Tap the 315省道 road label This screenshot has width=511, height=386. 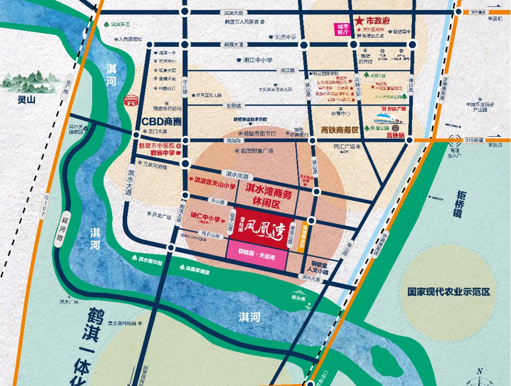(474, 140)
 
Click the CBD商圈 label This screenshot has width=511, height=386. (161, 122)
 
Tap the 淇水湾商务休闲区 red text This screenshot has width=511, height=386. (269, 193)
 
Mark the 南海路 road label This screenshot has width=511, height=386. (233, 140)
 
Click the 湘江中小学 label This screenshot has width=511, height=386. (257, 60)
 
